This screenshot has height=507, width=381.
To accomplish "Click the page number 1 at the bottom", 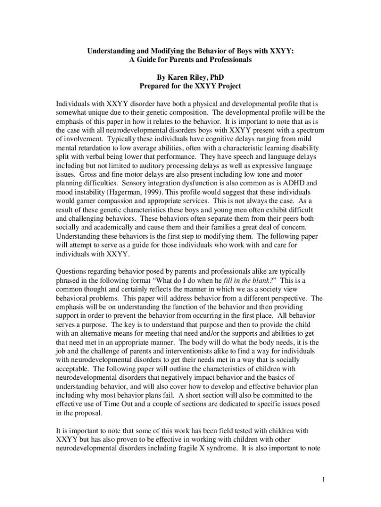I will pos(322,479).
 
